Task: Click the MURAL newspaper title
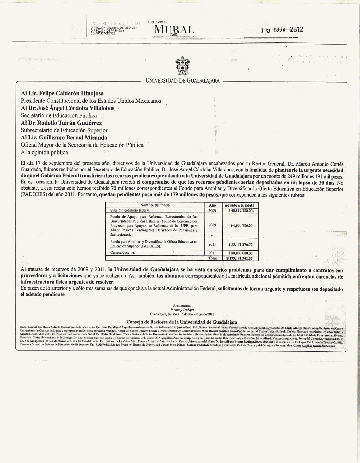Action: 174,30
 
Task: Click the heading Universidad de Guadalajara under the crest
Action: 183,81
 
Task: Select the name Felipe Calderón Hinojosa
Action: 62,94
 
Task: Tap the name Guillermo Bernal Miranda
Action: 64,137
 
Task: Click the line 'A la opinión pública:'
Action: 45,152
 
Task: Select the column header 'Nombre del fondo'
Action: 155,205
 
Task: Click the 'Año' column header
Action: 213,205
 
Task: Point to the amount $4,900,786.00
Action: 241,225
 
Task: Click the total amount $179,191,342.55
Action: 241,258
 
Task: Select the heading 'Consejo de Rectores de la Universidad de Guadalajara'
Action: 182,322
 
